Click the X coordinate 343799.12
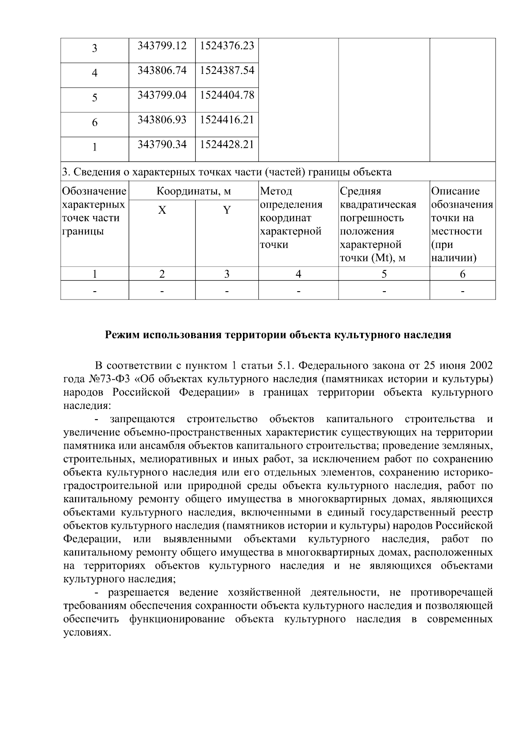(162, 46)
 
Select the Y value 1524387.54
(227, 70)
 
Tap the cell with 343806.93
(162, 120)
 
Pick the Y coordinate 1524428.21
(227, 145)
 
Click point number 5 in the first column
(95, 98)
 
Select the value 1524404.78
(227, 95)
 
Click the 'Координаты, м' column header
(194, 192)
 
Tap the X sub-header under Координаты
(162, 210)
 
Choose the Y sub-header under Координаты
(227, 210)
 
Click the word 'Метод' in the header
(276, 192)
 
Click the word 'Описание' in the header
(455, 192)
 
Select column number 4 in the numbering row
(298, 274)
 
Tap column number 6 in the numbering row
(462, 274)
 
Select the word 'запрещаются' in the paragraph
(142, 419)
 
